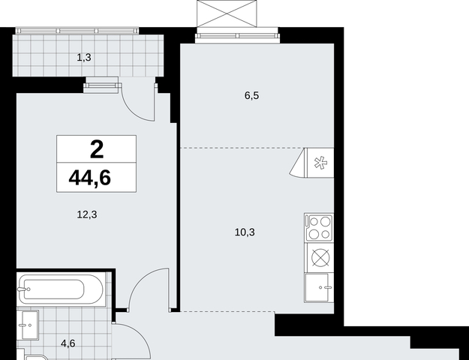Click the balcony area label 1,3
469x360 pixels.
(x=84, y=58)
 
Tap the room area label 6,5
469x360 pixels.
(x=251, y=96)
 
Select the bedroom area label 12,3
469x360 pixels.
(x=87, y=214)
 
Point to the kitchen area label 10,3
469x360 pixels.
(x=245, y=232)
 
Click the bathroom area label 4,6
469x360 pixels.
(x=68, y=343)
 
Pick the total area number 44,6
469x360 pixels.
(x=90, y=178)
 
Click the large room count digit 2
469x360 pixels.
(x=97, y=149)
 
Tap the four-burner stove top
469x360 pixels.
(x=319, y=227)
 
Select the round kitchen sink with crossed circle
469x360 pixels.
(x=320, y=257)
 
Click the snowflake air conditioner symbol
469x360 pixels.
(x=320, y=163)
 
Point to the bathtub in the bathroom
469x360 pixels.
(x=61, y=289)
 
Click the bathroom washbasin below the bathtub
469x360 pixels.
(x=28, y=325)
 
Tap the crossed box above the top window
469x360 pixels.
(x=227, y=13)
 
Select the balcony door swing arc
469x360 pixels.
(x=134, y=112)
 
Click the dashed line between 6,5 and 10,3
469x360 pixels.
(x=242, y=148)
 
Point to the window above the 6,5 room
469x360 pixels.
(x=237, y=36)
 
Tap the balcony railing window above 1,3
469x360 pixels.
(x=77, y=31)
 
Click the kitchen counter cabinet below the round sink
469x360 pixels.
(x=319, y=288)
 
